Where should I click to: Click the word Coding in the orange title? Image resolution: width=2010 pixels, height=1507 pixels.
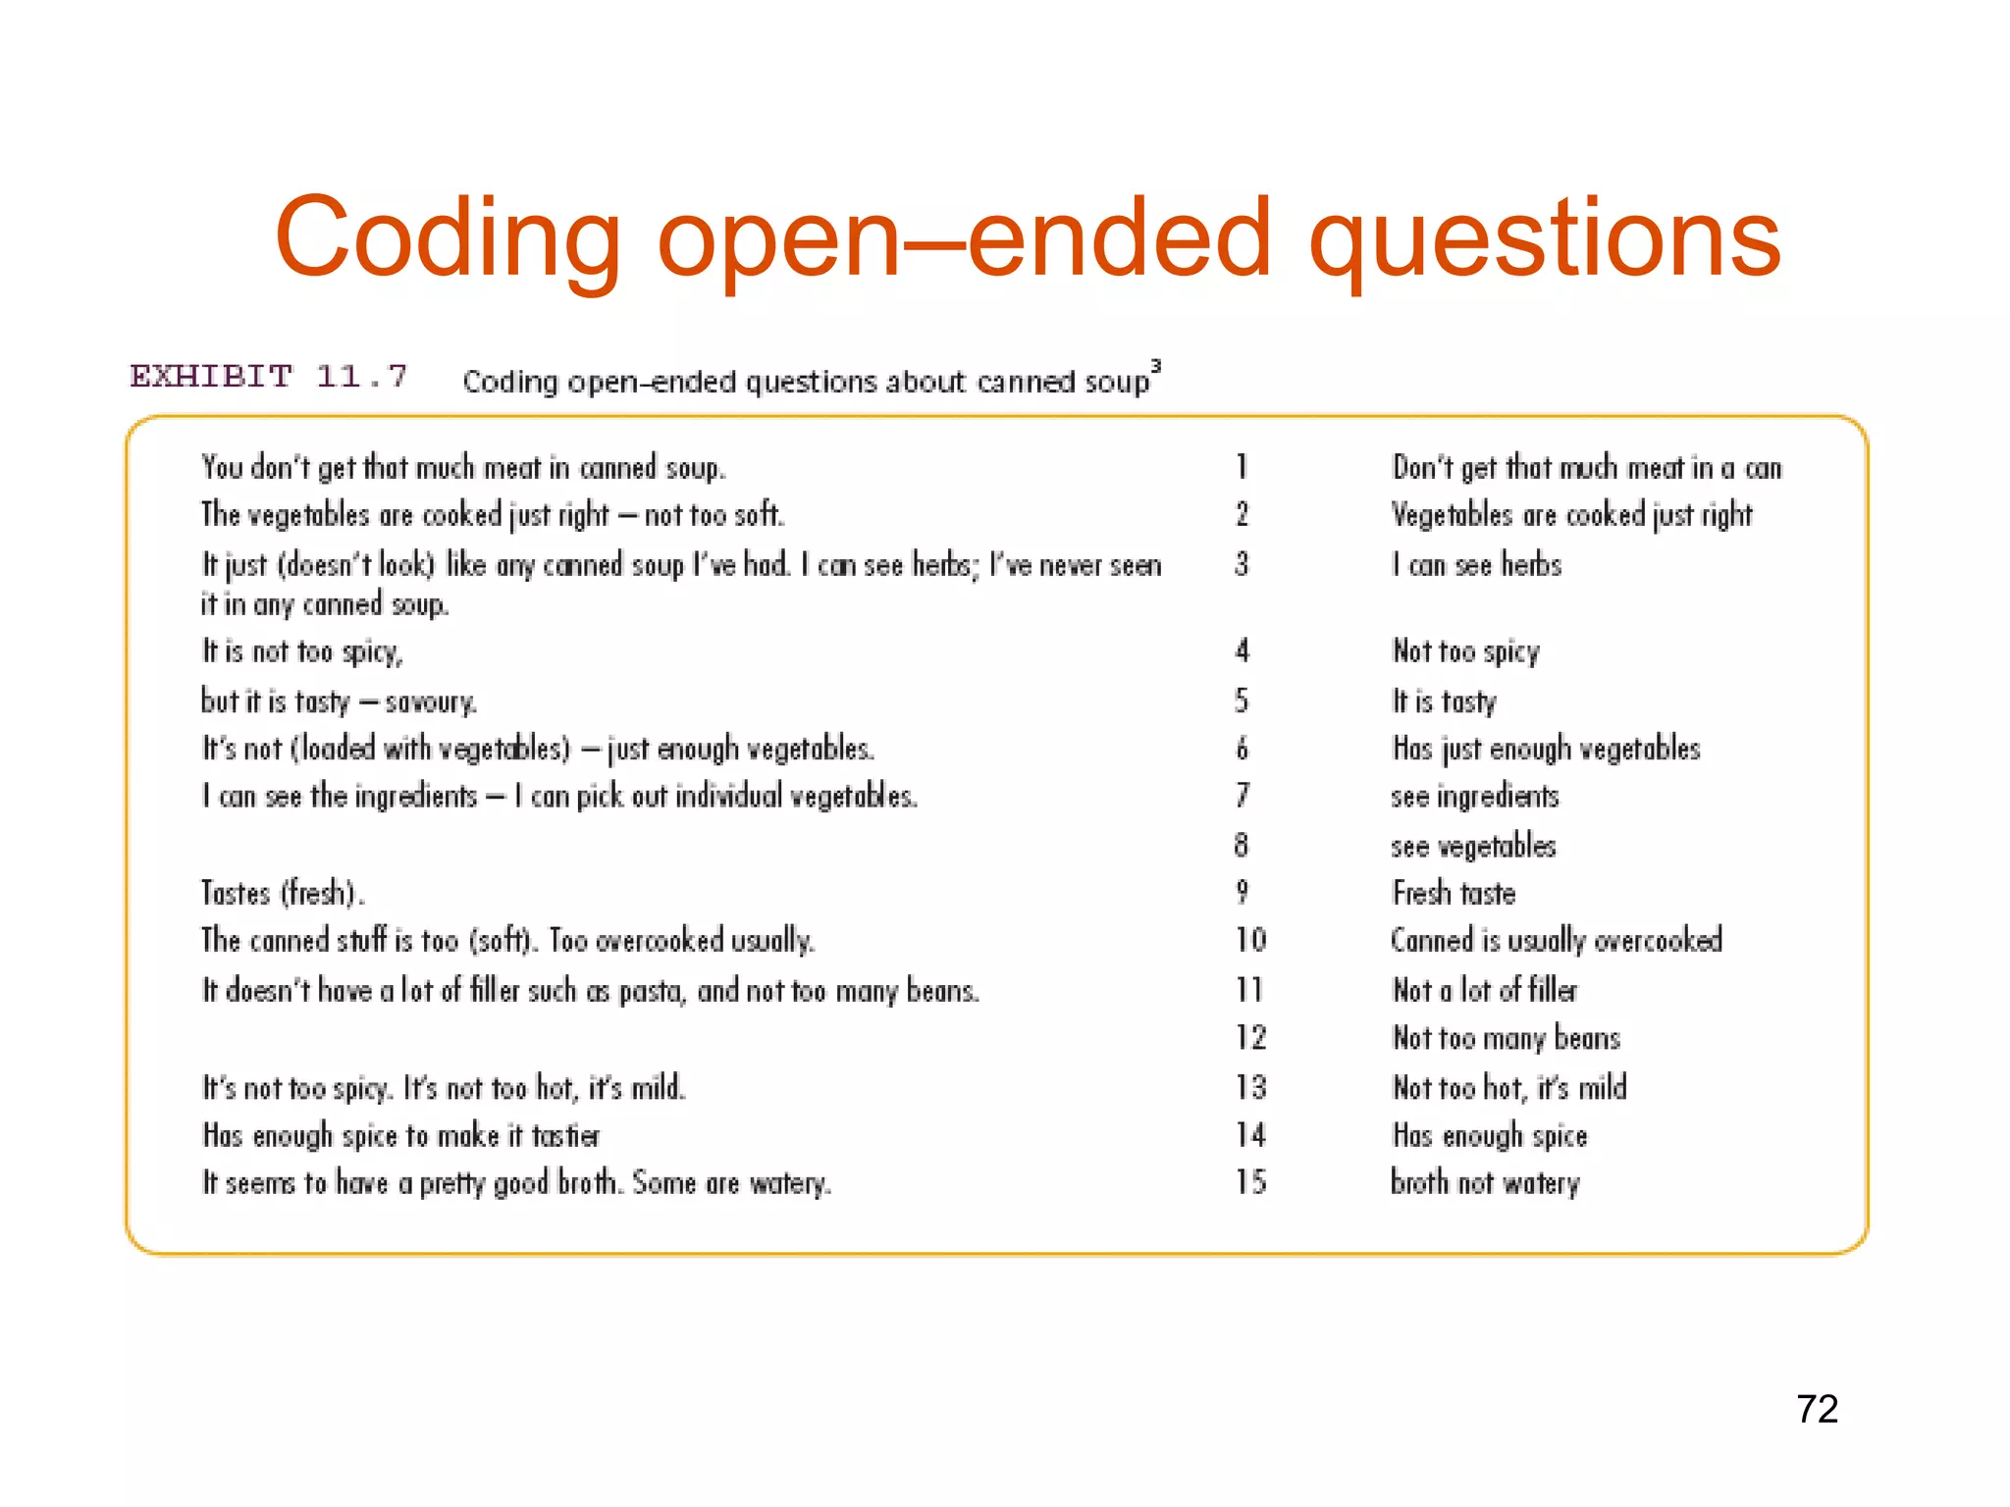(448, 238)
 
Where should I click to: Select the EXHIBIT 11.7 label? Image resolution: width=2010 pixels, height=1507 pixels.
(268, 376)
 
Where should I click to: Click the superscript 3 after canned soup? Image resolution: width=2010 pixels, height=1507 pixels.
(1155, 366)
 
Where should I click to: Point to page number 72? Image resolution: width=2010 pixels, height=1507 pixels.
(1817, 1409)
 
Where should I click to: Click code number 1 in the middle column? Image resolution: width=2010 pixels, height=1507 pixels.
(1242, 466)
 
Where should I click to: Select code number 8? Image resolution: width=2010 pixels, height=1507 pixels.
(1242, 845)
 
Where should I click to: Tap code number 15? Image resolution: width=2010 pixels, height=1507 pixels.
(1250, 1182)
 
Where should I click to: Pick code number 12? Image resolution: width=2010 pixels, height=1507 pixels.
(1250, 1037)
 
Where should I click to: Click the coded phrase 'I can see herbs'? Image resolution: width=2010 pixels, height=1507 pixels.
(1476, 565)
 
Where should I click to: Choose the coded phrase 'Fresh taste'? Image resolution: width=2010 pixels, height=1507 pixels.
(1454, 893)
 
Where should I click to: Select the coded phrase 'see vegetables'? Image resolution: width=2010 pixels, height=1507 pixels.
(1473, 846)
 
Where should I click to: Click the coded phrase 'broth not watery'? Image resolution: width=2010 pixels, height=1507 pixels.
(1485, 1183)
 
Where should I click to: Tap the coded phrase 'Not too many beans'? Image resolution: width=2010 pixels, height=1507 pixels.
(1506, 1038)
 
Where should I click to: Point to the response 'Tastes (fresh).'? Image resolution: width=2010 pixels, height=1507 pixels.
(283, 893)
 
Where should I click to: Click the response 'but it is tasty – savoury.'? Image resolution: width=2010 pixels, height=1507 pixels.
(339, 702)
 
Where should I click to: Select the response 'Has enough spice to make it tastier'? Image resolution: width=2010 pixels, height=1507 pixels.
(400, 1136)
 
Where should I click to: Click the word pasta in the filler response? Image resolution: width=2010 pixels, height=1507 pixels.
(650, 992)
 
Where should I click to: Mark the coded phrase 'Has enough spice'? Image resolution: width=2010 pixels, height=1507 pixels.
(1489, 1136)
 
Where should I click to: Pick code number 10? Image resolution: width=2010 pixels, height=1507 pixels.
(1250, 940)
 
